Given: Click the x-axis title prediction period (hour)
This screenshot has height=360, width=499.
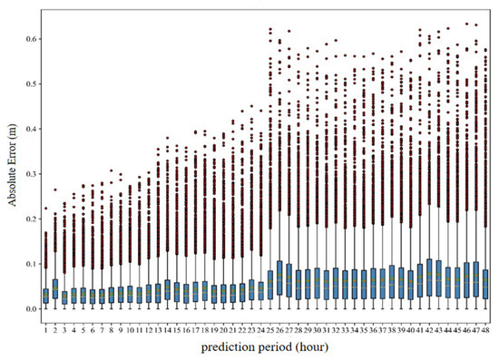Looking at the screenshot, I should pyautogui.click(x=266, y=346).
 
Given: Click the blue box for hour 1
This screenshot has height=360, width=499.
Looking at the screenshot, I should pyautogui.click(x=45, y=296).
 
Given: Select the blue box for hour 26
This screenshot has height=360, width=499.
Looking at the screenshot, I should pyautogui.click(x=279, y=278).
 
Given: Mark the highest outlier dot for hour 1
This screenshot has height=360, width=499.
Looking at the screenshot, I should pyautogui.click(x=45, y=209).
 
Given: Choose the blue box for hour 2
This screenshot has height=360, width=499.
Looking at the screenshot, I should pyautogui.click(x=54, y=289).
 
